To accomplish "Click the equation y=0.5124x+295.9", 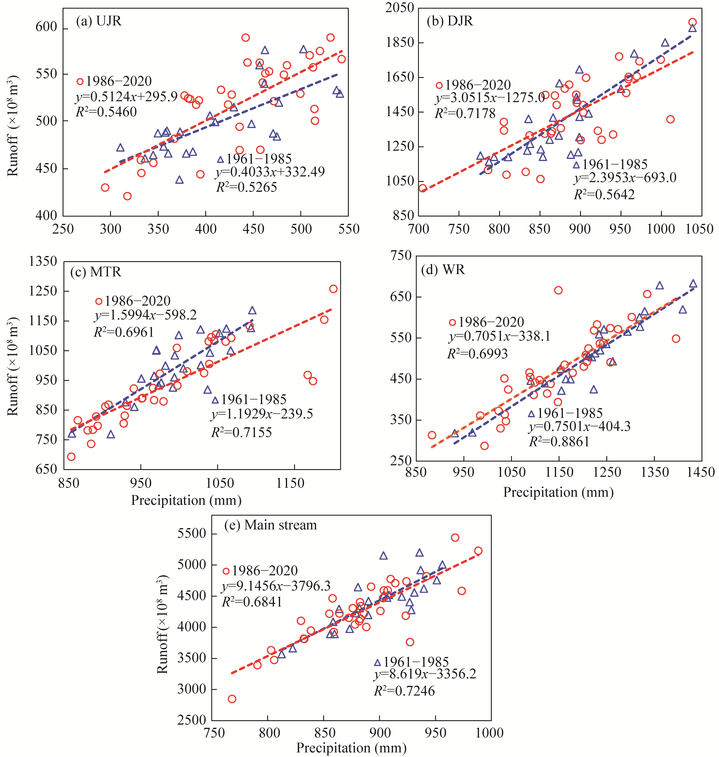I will [126, 97].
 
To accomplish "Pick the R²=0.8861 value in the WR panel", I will [559, 442].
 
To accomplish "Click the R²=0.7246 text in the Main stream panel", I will [404, 691].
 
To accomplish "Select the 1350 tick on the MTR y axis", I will [43, 262].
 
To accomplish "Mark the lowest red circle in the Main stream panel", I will [232, 699].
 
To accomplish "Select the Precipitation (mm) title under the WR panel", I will [558, 492].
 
